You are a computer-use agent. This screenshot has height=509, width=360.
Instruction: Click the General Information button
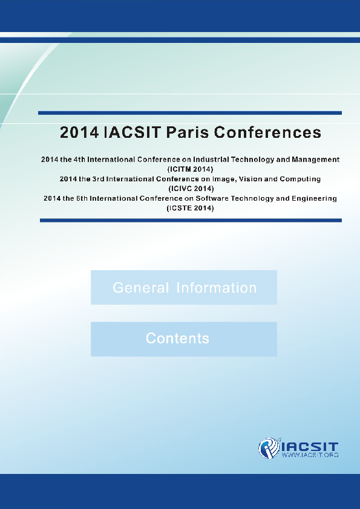click(184, 288)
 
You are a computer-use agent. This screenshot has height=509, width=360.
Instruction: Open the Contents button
click(184, 339)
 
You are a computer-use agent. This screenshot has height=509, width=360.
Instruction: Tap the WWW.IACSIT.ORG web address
click(310, 455)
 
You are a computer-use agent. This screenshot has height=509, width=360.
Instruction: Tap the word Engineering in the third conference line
click(312, 198)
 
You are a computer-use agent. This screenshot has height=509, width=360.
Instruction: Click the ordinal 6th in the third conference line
click(86, 198)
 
